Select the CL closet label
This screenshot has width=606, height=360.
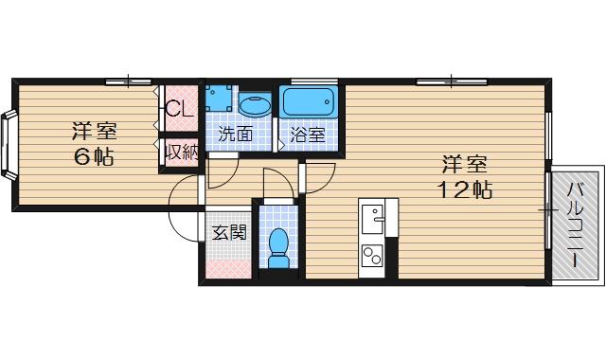pos(180,108)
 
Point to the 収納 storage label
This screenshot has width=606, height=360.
pos(181,152)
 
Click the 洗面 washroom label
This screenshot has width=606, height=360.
pos(235,135)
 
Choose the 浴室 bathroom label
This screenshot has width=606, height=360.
pos(307,135)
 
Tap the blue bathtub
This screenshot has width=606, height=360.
pos(307,100)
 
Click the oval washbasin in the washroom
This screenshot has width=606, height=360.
pos(254,104)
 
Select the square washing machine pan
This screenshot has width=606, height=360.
pos(221,99)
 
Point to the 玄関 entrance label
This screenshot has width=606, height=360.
pos(228,231)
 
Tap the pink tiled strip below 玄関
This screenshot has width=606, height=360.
pos(228,268)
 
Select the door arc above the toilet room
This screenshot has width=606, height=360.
pos(280,180)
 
